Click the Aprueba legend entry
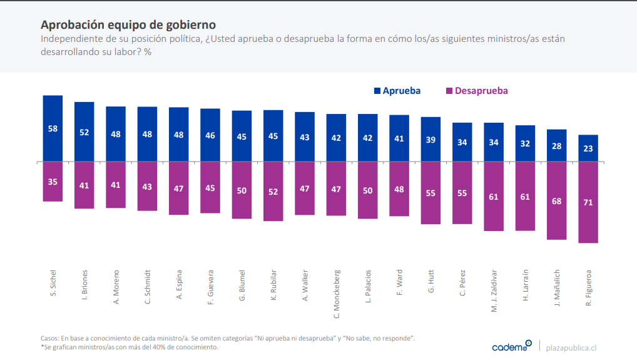[397, 91]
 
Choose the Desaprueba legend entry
[476, 91]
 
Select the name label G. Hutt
[431, 282]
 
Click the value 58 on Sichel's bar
[53, 128]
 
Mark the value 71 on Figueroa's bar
[588, 202]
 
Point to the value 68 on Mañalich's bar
[557, 201]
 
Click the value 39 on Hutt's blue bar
[431, 140]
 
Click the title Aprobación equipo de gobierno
[128, 25]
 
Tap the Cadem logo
[512, 346]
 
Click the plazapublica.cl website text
[571, 347]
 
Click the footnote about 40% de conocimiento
[130, 347]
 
